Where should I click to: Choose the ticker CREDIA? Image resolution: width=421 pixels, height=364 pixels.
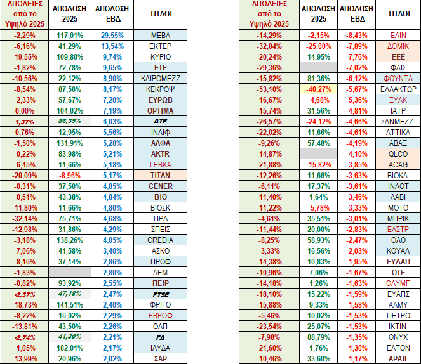point(160,240)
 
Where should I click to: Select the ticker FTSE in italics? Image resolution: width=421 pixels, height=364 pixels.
point(160,294)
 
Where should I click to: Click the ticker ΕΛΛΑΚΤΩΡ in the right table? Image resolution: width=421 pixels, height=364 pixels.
point(398,89)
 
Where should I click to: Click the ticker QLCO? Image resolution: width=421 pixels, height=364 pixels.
point(398,153)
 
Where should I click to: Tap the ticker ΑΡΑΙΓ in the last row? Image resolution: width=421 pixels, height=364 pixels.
point(398,358)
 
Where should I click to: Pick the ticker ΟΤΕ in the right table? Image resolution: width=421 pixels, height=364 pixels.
point(398,272)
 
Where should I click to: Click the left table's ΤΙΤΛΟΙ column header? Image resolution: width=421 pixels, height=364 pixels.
point(160,13)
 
